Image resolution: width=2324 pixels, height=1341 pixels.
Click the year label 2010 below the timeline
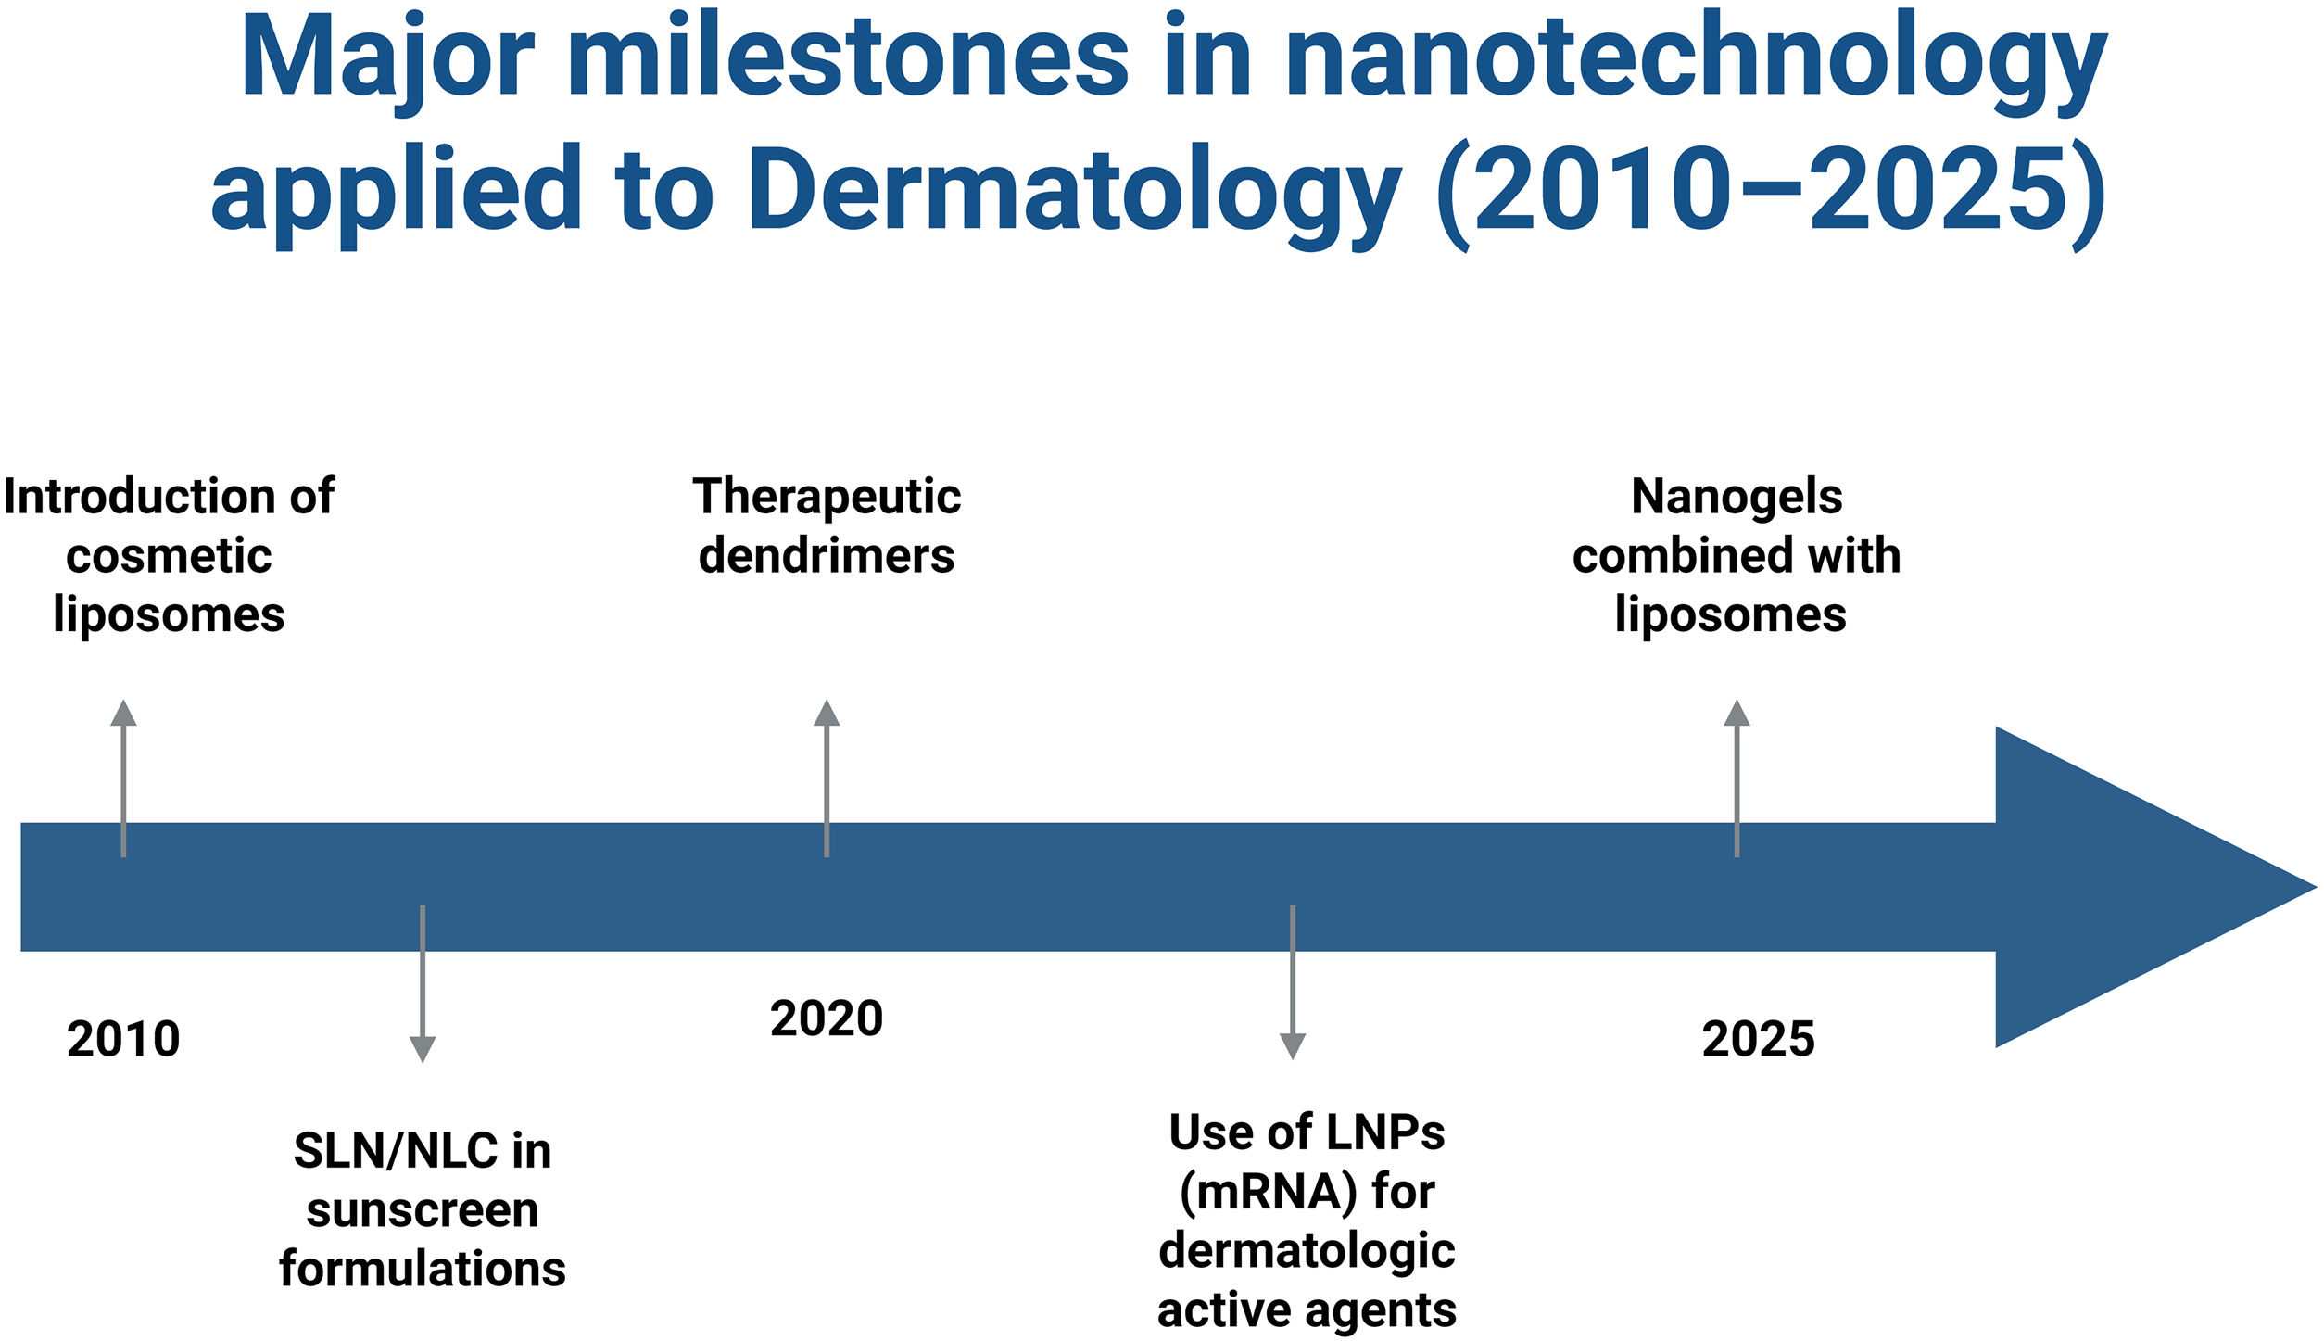tap(123, 1039)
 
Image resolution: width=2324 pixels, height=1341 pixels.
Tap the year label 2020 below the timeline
tap(827, 1018)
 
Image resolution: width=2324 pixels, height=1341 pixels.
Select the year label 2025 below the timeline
tap(1758, 1039)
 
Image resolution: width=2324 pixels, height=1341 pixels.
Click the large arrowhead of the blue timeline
tap(2150, 887)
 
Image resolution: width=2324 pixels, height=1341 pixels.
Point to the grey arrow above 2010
tap(123, 778)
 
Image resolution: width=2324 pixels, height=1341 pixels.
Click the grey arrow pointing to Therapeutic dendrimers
tap(827, 778)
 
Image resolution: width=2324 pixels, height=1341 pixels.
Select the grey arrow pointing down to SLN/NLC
tap(423, 983)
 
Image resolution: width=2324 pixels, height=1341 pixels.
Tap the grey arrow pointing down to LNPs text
tap(1293, 982)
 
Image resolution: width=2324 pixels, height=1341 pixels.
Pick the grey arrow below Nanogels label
tap(1737, 778)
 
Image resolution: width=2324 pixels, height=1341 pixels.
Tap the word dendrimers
tap(827, 556)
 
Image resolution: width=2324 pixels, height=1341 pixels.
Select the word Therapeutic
tap(827, 498)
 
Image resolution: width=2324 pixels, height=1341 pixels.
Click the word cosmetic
tap(169, 557)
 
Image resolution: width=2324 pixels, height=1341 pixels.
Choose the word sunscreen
tap(423, 1211)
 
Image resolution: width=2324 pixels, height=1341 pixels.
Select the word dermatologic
tap(1307, 1252)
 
